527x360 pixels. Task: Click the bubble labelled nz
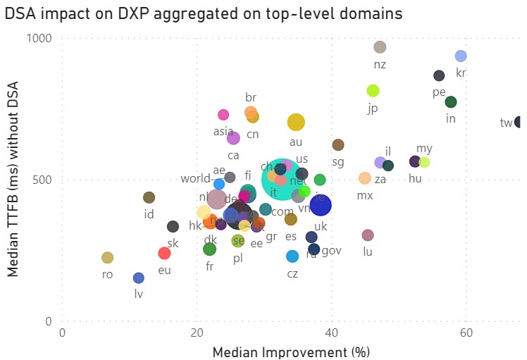380,47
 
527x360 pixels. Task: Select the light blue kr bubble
461,56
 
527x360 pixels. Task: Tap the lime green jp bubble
373,91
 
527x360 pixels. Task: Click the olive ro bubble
107,258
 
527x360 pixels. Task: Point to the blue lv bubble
139,278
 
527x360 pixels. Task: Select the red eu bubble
164,253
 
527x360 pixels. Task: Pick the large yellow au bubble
296,123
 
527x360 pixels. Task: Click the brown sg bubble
338,145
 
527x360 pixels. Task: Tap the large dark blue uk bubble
321,206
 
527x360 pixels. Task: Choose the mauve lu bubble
368,235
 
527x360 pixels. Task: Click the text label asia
223,131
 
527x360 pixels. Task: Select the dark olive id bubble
149,198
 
